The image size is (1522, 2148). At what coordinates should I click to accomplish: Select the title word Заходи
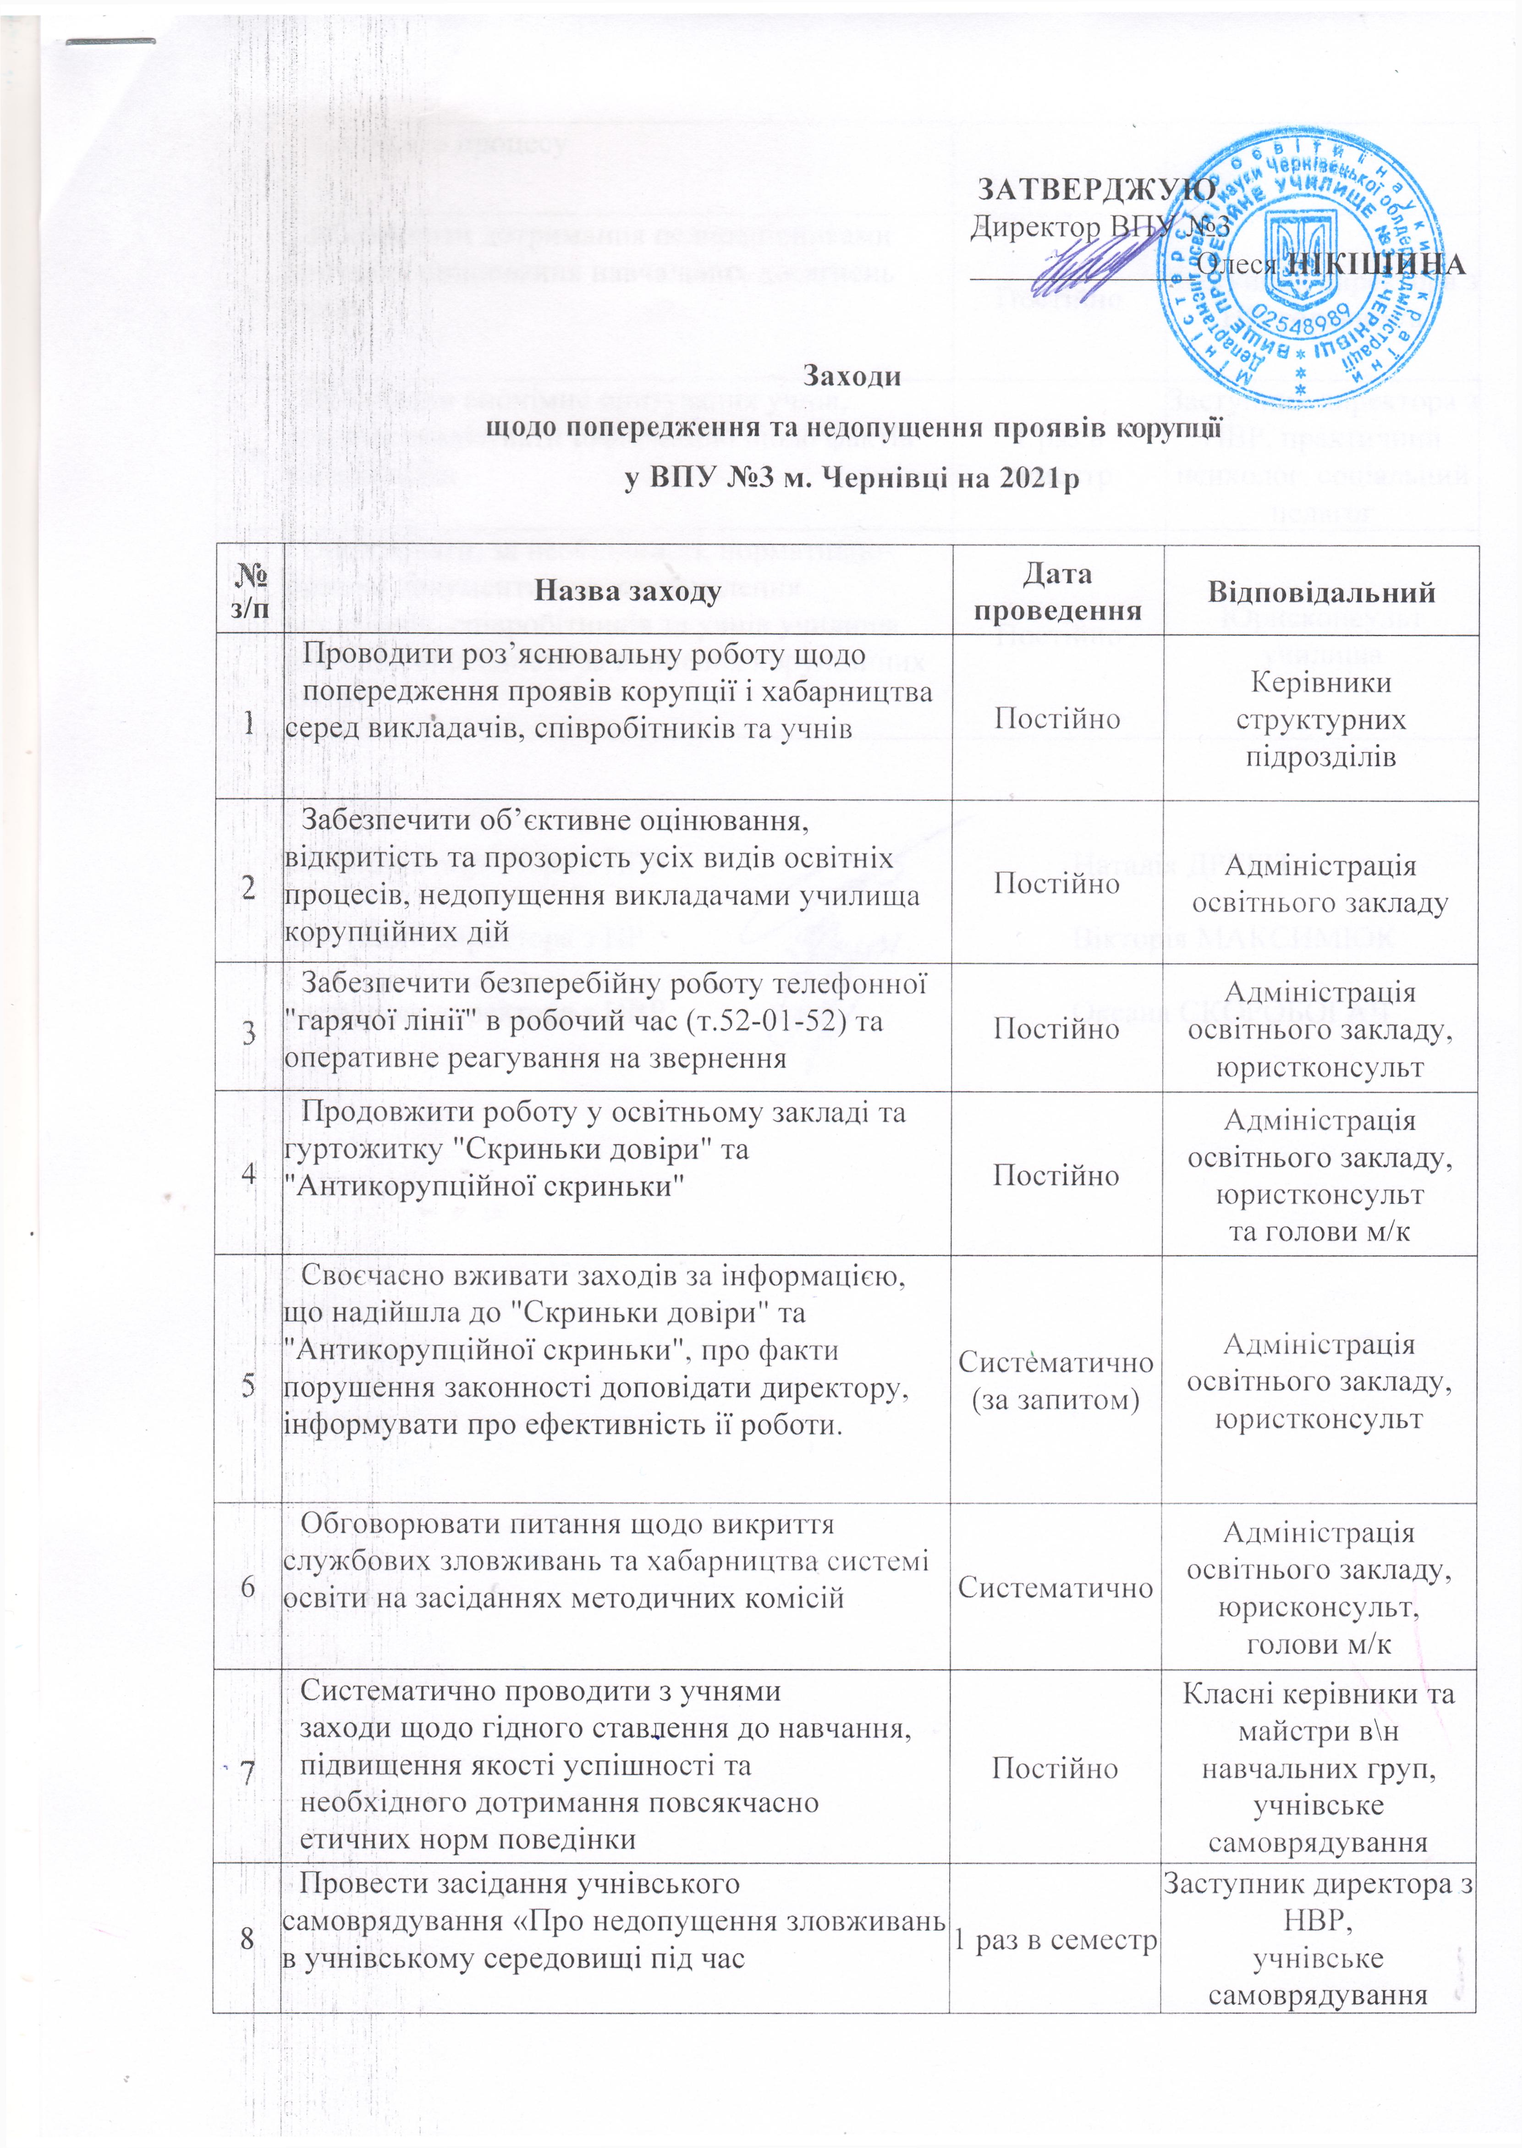[x=853, y=377]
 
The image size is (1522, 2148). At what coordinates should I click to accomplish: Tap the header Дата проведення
[x=1057, y=591]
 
